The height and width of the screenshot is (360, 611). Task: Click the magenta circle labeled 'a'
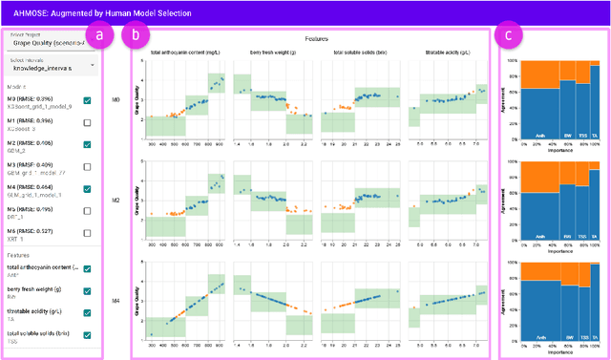(x=97, y=36)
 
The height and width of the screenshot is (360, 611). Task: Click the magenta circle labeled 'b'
(x=140, y=36)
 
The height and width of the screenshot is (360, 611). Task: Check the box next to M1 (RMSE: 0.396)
(x=88, y=123)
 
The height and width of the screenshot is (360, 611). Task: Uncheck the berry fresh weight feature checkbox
(x=88, y=292)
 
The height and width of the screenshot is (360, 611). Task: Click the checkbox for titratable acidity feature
(x=88, y=313)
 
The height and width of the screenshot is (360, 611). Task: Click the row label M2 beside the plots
(x=142, y=201)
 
